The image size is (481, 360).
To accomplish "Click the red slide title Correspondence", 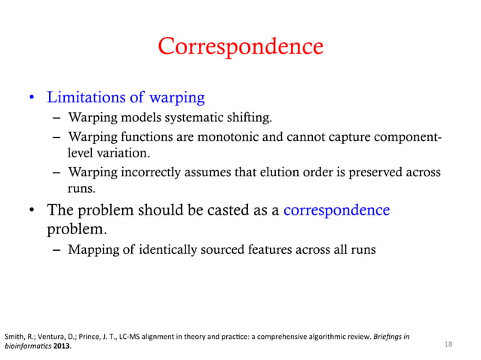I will (x=240, y=47).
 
